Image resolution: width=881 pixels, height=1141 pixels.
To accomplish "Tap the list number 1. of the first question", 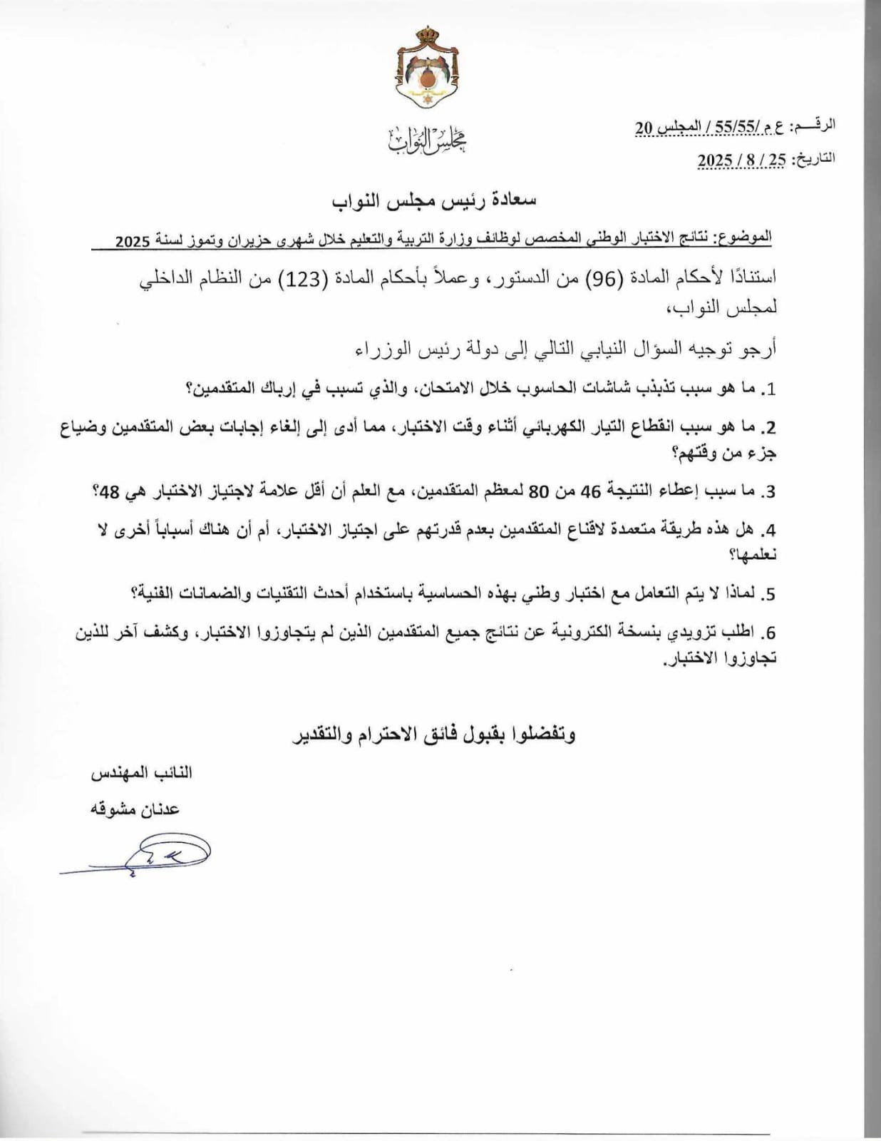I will tap(768, 389).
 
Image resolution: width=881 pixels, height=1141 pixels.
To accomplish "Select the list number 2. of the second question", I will tap(768, 428).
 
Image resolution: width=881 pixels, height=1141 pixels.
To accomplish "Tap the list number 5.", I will tap(768, 594).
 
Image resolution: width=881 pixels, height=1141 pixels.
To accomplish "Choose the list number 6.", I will tap(768, 633).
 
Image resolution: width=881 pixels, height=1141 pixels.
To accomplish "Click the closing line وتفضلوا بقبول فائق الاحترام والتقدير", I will tap(434, 734).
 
